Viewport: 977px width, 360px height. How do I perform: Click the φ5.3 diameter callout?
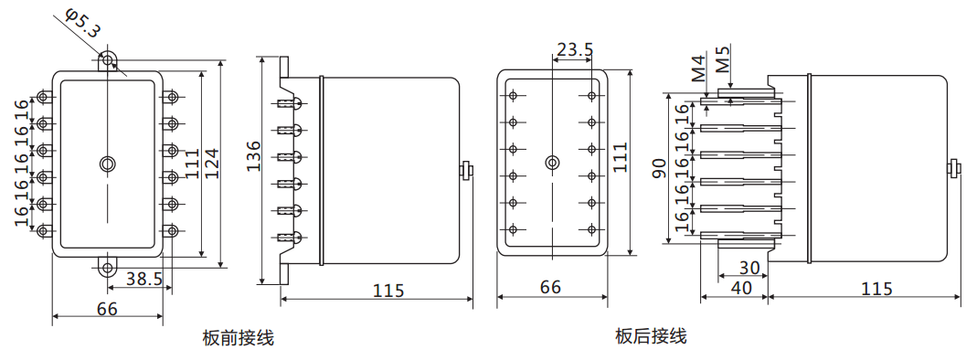(x=83, y=21)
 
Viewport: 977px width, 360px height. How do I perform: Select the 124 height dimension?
(x=212, y=163)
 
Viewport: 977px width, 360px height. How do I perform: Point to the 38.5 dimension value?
(x=143, y=280)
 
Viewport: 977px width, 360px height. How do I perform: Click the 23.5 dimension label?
(x=574, y=49)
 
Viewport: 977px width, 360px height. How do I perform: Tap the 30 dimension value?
(x=749, y=269)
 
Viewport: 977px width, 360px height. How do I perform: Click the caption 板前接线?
(x=238, y=338)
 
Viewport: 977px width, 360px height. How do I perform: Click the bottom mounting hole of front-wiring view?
(x=108, y=269)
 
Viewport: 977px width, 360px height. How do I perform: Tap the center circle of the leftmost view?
(x=108, y=164)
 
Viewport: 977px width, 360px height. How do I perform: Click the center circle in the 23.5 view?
(x=551, y=163)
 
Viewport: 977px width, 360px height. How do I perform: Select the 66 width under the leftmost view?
(x=107, y=309)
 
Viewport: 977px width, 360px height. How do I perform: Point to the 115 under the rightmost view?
(x=876, y=288)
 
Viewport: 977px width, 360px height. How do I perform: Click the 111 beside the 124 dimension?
(x=193, y=163)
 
